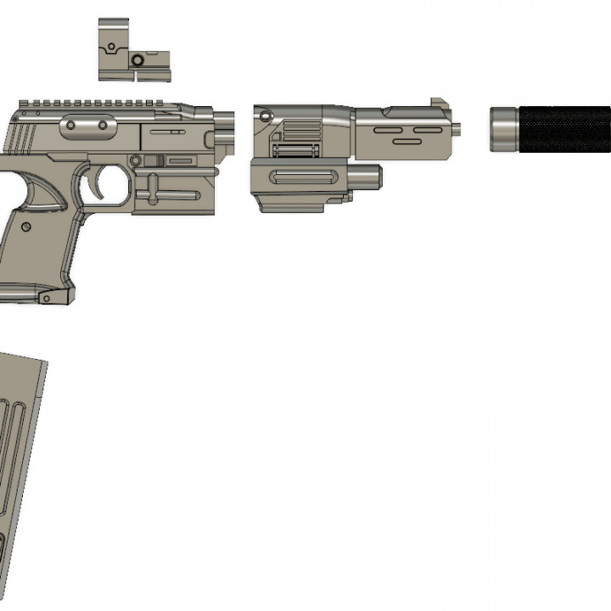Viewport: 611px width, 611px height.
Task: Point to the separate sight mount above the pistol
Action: click(133, 51)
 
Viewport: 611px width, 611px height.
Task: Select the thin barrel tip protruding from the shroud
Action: click(458, 130)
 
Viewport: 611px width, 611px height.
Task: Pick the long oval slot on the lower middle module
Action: click(306, 178)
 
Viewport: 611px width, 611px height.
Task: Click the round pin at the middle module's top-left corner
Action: click(265, 115)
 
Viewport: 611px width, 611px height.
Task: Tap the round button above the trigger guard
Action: click(135, 160)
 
